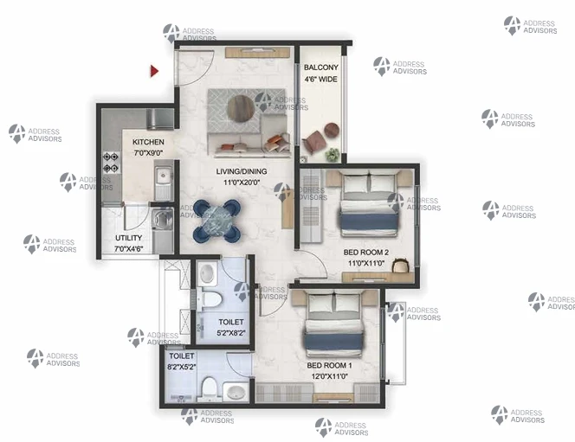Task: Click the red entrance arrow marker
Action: tap(154, 71)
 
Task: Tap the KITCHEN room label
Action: tap(148, 142)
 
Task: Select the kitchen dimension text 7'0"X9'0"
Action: tap(148, 153)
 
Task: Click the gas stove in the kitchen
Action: tap(111, 163)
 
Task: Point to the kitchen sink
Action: tap(164, 177)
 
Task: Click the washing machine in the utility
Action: tap(163, 219)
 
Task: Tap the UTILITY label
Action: tap(128, 238)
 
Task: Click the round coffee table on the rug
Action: tap(240, 109)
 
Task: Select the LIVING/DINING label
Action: tap(242, 171)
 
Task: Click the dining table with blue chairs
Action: tap(217, 221)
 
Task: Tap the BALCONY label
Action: tap(321, 67)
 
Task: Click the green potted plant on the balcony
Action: tap(333, 155)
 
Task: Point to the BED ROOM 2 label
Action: tap(366, 253)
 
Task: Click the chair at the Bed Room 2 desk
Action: tap(400, 266)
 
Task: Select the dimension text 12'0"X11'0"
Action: tap(330, 376)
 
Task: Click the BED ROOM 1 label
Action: tap(329, 366)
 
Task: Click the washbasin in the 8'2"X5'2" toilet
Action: tap(236, 392)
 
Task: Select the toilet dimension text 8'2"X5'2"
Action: tap(182, 367)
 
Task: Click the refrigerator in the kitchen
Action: tap(160, 119)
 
